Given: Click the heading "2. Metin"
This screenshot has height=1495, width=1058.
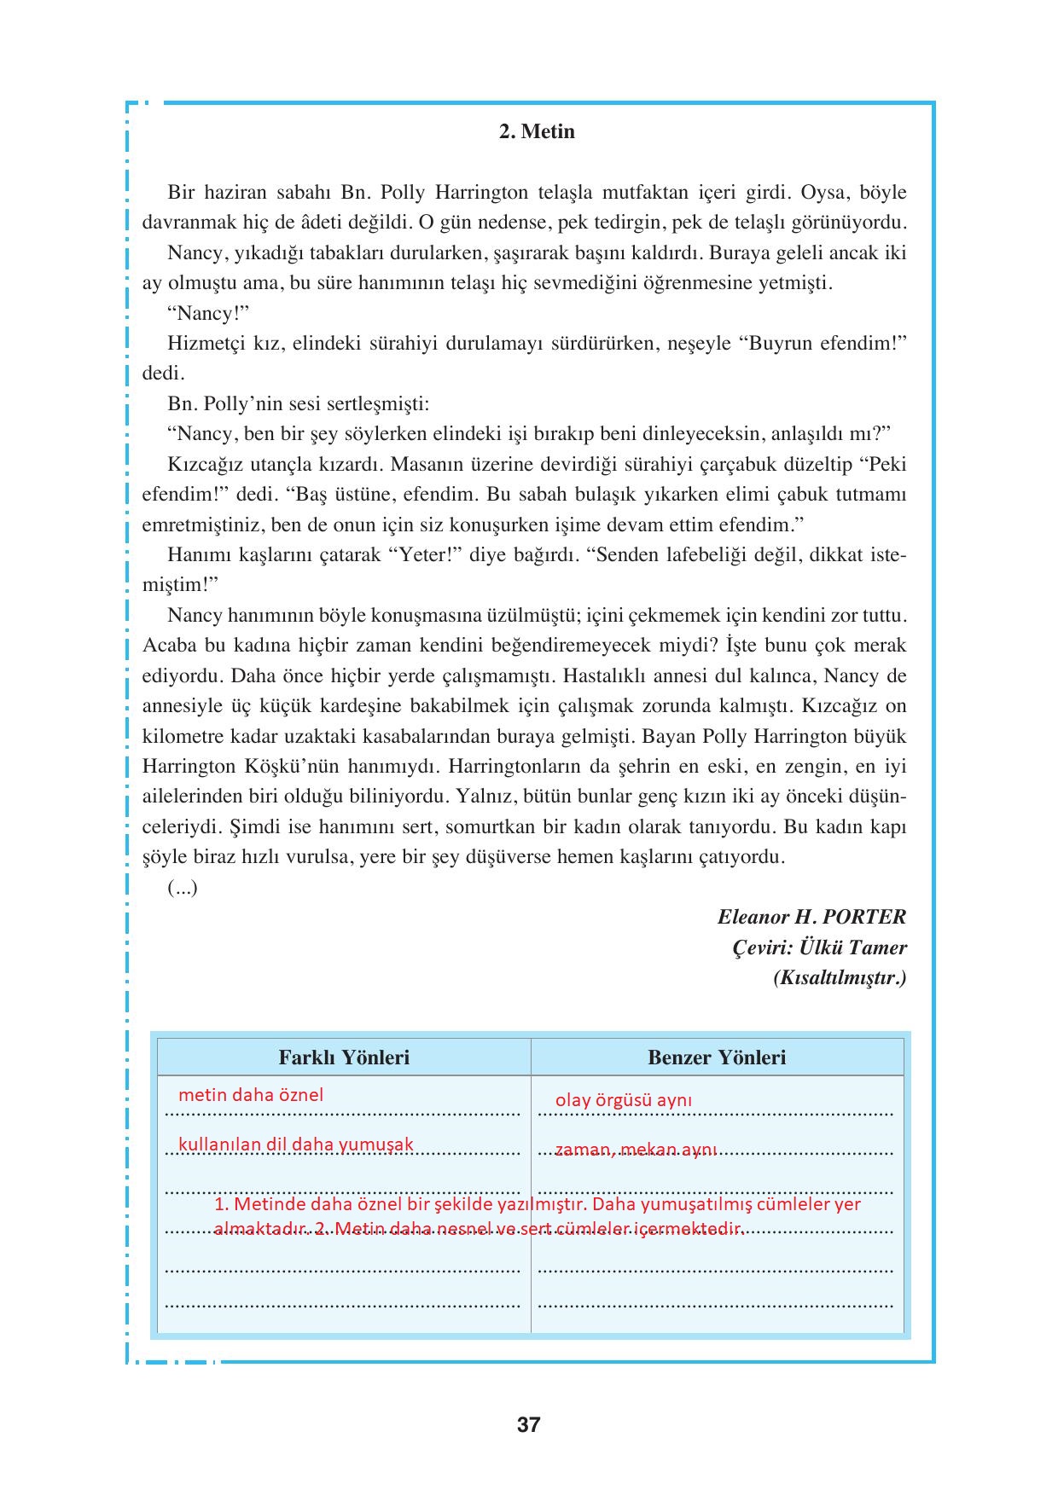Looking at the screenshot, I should [537, 132].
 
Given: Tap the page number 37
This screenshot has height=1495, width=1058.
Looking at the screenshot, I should [529, 1424].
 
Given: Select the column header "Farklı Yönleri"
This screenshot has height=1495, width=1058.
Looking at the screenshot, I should [344, 1058].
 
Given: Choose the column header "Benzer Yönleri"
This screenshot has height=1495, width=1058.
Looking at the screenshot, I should [717, 1058].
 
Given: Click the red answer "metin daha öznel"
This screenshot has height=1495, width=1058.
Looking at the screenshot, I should [251, 1095].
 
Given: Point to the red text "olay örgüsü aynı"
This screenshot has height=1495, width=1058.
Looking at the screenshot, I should [624, 1100].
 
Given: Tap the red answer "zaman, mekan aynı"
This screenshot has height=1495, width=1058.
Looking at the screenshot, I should [636, 1150].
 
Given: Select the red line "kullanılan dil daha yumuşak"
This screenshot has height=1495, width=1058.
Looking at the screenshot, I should [295, 1144].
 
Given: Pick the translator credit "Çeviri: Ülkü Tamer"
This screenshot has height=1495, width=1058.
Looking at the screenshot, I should [820, 947].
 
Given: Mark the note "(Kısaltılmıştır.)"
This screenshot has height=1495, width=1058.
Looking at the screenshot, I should [840, 978].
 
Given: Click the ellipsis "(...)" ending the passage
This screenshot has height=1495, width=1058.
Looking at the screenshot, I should [183, 888].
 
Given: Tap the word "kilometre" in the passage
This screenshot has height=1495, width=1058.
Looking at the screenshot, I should [185, 737].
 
